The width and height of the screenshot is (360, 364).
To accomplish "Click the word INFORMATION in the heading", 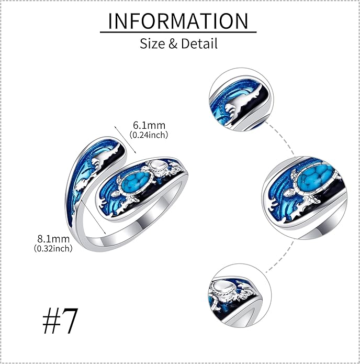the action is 178,21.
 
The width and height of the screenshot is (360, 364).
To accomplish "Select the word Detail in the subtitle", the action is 199,43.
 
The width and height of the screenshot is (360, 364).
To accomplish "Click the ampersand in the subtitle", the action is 173,43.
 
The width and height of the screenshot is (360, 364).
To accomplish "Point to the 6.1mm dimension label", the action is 149,125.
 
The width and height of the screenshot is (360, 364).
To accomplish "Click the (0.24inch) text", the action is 149,135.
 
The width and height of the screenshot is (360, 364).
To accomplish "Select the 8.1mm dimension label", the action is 53,239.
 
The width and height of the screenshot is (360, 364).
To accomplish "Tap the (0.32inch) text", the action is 53,248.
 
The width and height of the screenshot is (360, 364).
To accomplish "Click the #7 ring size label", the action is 60,321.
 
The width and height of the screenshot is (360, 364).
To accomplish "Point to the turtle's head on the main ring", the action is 145,168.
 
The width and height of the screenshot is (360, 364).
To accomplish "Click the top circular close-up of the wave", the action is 241,100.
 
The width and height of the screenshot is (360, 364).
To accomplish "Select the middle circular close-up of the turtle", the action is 305,198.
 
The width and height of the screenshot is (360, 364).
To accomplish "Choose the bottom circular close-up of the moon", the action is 240,295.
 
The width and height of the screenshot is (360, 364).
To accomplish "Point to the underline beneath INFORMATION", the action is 178,32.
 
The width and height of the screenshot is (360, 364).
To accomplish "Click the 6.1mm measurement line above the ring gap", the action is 126,140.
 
